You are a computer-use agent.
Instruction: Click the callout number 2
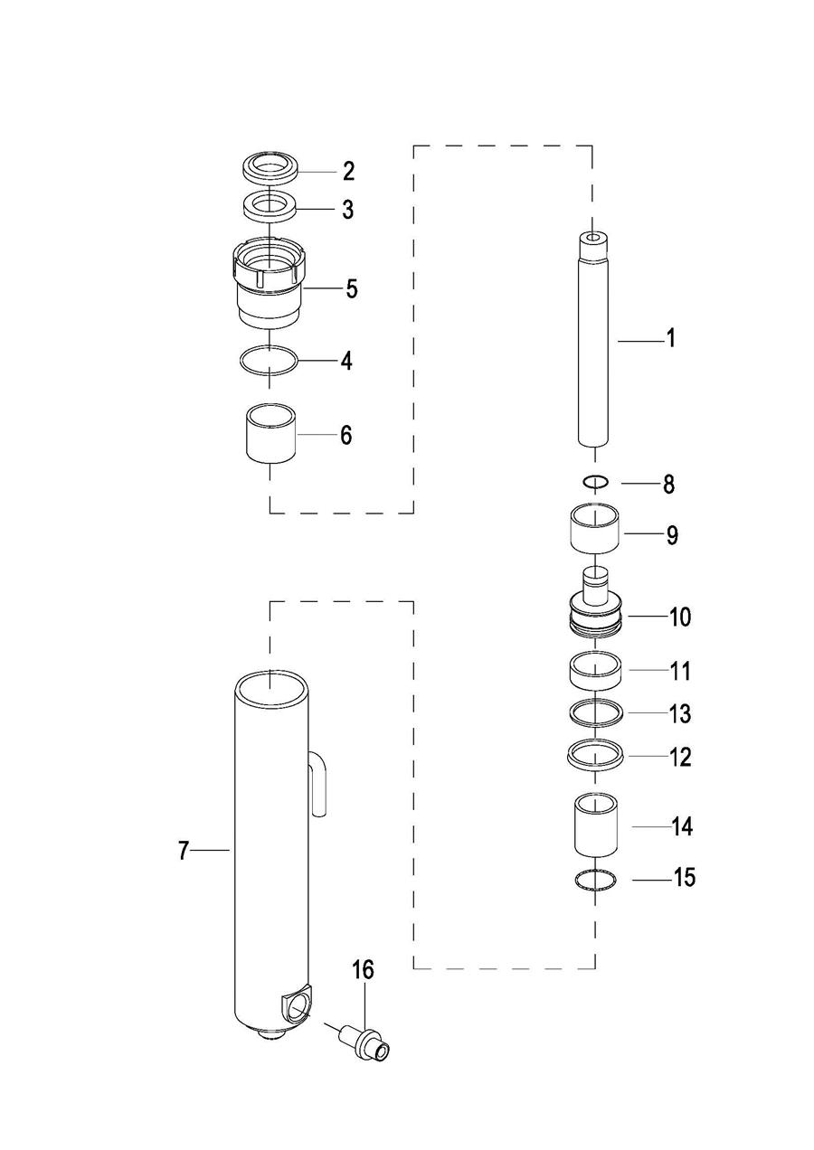coord(349,171)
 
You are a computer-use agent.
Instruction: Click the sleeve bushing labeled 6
coord(270,433)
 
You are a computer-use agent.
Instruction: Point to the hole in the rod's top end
coord(593,238)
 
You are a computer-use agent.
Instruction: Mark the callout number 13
coord(680,713)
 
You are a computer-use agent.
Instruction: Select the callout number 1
coord(671,338)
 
